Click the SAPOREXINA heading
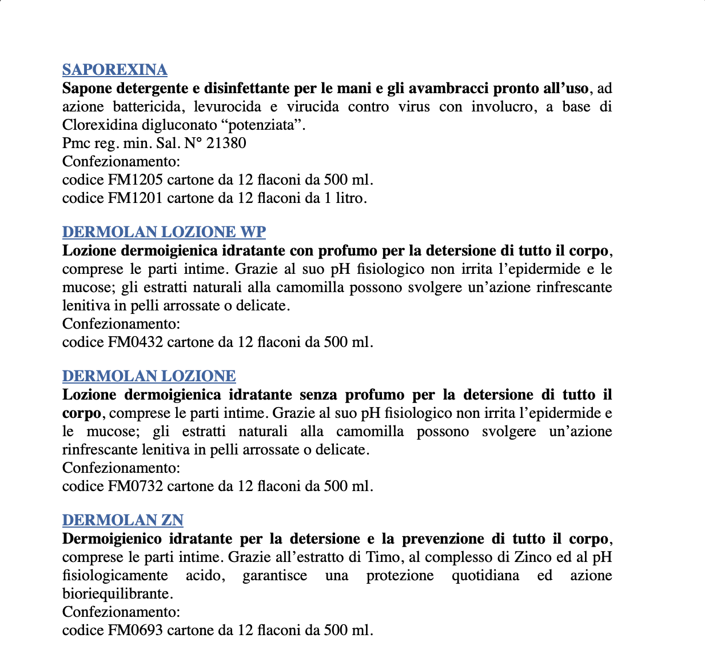114,70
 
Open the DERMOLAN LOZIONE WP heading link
164,232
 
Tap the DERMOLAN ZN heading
122,520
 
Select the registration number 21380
226,143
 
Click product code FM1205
136,180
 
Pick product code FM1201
136,198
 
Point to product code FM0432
136,342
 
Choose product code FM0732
136,486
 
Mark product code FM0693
136,631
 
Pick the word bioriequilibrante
116,594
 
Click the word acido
204,576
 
